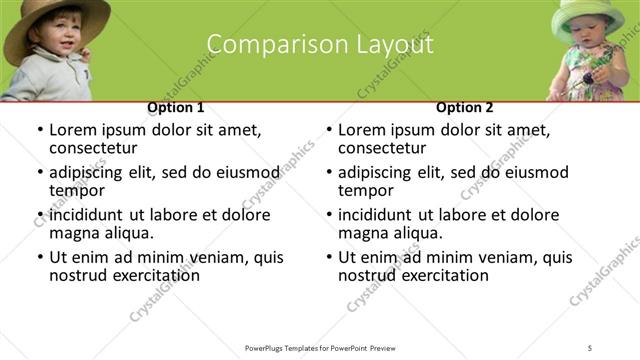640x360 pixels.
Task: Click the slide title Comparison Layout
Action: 320,45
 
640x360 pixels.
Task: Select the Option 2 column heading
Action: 464,107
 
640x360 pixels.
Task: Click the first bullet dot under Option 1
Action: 39,131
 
